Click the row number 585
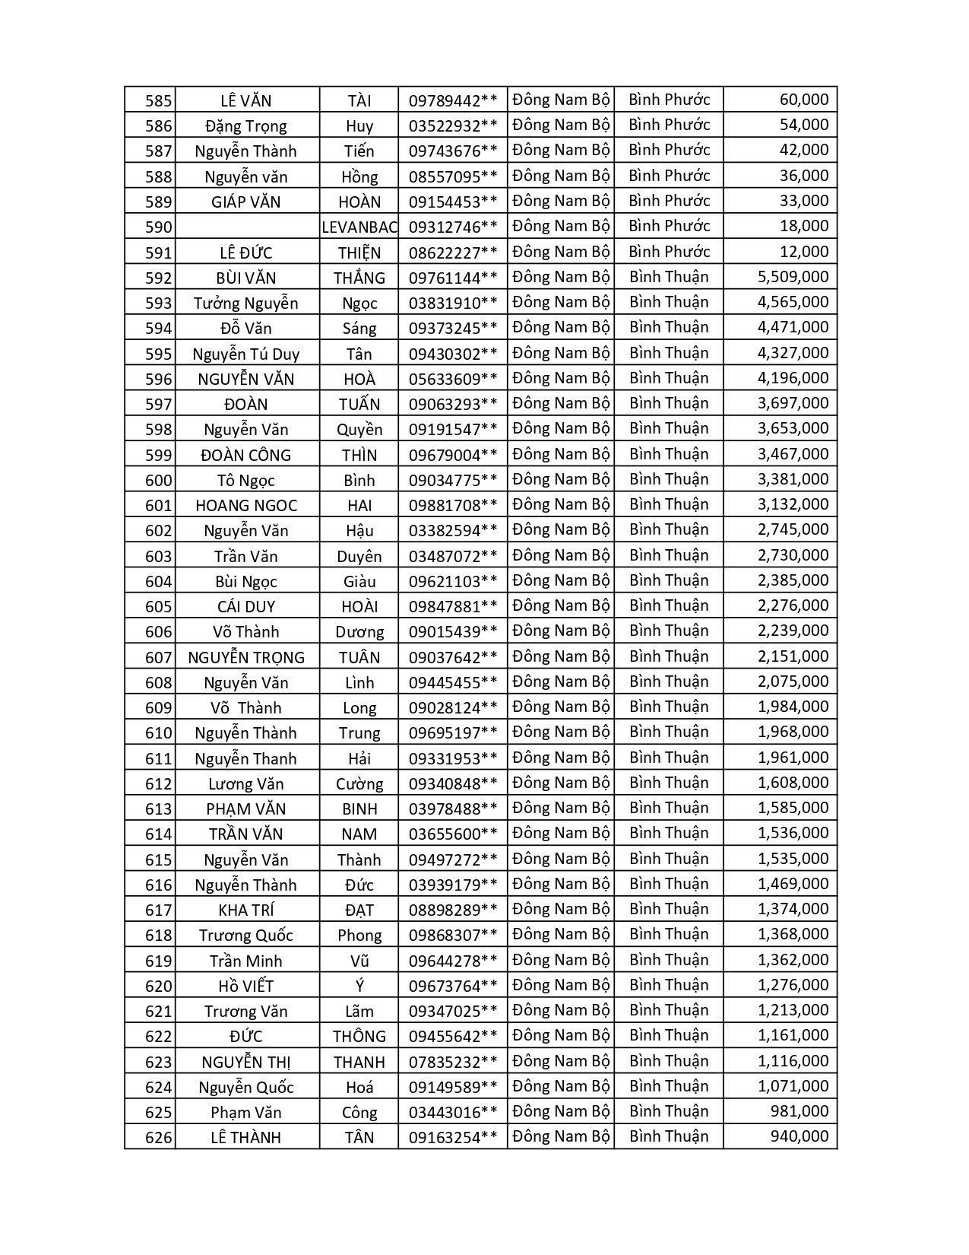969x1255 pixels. point(158,100)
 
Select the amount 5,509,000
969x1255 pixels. point(793,277)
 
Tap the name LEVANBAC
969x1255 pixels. point(359,227)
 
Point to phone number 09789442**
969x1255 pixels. point(453,100)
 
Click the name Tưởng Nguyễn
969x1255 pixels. point(246,303)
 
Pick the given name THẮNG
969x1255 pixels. point(359,278)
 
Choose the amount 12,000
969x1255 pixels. point(803,252)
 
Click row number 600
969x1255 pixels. point(158,480)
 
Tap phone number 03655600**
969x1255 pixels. point(453,834)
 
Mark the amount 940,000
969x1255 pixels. point(799,1136)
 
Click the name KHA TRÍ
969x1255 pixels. point(246,910)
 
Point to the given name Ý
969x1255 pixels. point(359,986)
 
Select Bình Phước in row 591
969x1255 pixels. point(669,252)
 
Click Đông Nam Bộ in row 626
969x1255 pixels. point(561,1136)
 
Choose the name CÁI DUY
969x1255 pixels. point(246,606)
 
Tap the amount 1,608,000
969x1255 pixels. point(793,783)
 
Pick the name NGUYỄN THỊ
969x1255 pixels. point(246,1062)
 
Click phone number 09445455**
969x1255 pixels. point(453,682)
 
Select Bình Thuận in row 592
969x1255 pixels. point(669,277)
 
